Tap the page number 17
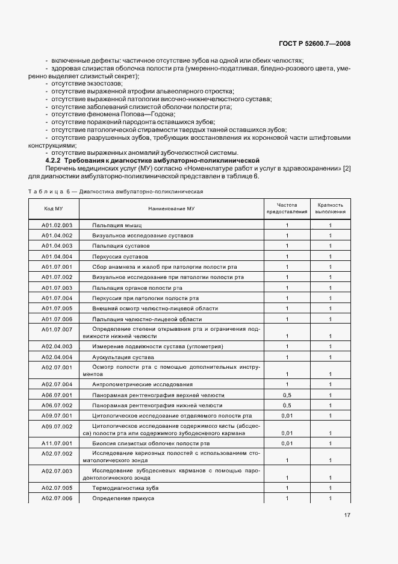[347, 515]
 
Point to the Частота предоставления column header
[287, 208]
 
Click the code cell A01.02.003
[57, 225]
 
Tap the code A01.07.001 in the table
[57, 266]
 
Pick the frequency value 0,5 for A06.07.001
[287, 395]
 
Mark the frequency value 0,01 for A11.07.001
[287, 443]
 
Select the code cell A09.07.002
[57, 427]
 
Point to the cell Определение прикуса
[123, 499]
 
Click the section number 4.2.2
[54, 160]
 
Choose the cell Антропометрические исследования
[142, 384]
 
